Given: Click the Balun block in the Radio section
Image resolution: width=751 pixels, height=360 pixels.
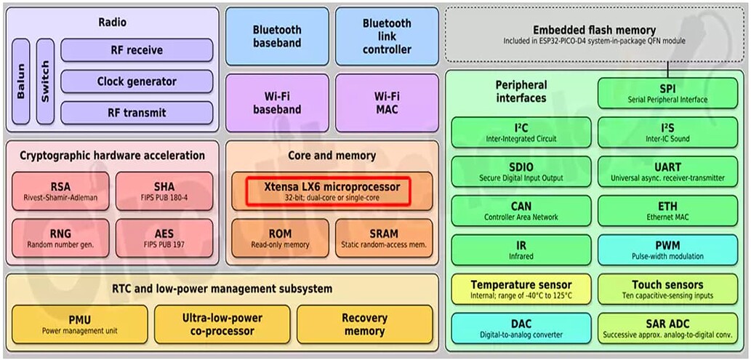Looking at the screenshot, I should [21, 81].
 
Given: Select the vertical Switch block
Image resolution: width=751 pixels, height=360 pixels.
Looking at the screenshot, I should [45, 81].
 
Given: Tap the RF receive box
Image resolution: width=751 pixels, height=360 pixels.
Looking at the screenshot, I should [137, 50].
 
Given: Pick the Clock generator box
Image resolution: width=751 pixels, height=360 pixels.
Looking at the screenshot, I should [137, 81].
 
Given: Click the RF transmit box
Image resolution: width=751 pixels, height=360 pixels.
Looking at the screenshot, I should [137, 113].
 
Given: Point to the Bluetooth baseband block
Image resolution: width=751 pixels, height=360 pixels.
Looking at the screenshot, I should [277, 36].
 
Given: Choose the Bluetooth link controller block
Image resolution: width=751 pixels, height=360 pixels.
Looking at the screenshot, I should [387, 36].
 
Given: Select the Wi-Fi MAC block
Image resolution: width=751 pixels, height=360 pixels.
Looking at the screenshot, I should [387, 103].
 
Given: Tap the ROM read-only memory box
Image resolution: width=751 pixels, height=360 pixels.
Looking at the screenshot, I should [280, 239].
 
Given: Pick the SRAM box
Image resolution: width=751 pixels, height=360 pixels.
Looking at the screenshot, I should [384, 239].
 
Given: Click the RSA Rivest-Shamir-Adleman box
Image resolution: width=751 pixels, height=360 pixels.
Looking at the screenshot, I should [60, 191].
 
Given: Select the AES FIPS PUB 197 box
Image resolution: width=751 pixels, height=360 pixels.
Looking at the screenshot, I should [164, 239].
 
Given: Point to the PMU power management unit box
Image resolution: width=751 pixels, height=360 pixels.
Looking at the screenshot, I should [80, 324].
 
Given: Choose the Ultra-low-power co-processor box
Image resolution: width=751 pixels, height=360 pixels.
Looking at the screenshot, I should [222, 324].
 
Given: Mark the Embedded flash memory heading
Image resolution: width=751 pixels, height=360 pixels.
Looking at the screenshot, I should [594, 31].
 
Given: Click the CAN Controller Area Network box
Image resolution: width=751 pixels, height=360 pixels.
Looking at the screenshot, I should [521, 211].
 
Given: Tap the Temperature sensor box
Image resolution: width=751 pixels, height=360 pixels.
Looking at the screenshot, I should [521, 289].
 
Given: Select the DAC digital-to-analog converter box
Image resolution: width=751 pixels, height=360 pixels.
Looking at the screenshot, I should [521, 328].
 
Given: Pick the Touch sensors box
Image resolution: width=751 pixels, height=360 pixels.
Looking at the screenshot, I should [667, 289].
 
